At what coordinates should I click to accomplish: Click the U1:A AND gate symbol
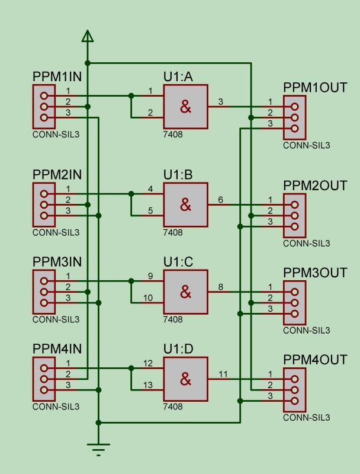(185, 107)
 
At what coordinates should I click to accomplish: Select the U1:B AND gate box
(185, 204)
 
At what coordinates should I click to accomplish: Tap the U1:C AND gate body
(185, 292)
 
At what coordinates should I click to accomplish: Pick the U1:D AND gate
(185, 379)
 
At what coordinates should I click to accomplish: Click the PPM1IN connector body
(43, 107)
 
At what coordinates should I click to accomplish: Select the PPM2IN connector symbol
(43, 205)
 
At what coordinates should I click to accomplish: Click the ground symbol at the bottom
(98, 449)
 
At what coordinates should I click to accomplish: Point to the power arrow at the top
(88, 37)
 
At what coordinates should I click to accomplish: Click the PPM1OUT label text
(314, 88)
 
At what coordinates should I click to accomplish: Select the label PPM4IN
(57, 348)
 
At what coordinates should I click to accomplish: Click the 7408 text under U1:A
(173, 135)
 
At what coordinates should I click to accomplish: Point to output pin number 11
(223, 374)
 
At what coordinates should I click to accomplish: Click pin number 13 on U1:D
(148, 385)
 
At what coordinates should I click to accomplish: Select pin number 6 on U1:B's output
(221, 200)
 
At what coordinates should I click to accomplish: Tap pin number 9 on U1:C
(150, 276)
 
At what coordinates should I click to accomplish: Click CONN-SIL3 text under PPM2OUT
(306, 244)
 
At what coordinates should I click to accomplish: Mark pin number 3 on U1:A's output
(221, 102)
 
